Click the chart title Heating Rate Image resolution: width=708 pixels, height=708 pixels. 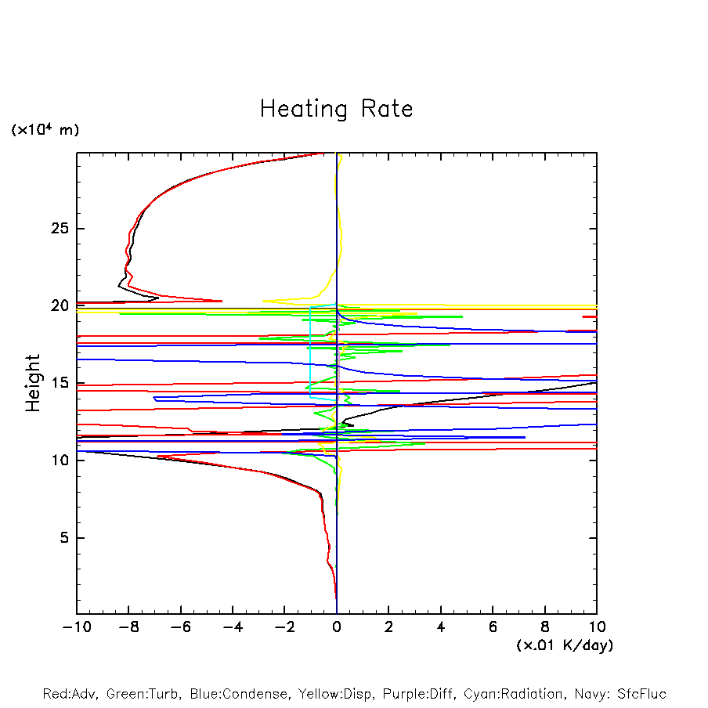(336, 108)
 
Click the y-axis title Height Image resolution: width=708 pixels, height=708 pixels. (33, 383)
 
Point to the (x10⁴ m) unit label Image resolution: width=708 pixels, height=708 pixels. (45, 130)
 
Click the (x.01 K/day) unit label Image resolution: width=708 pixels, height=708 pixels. (564, 645)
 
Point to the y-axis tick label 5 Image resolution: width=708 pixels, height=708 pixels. (62, 537)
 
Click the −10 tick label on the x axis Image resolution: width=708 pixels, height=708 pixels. (75, 627)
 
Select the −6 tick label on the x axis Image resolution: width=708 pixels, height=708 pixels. (179, 627)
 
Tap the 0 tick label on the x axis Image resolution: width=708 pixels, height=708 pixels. (337, 627)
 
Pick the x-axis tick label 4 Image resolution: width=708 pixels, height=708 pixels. (441, 627)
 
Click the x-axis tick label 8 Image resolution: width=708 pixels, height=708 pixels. (545, 627)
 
